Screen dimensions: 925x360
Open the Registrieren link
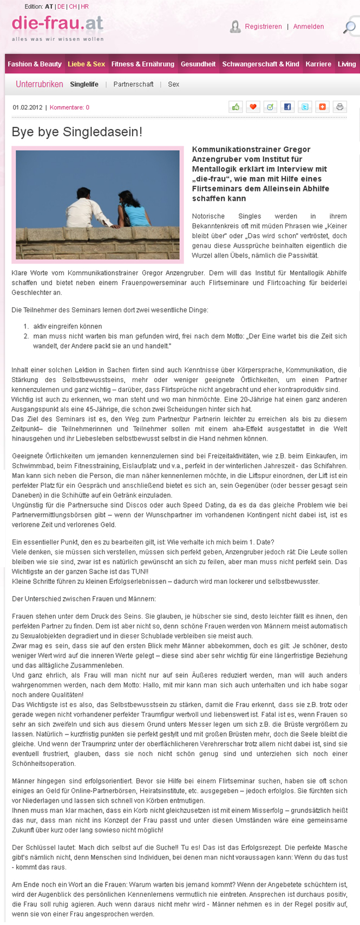263,27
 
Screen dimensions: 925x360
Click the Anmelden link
309,27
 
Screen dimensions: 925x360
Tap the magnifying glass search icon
350,27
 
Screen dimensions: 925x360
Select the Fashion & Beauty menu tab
35,64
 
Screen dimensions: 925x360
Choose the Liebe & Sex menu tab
87,64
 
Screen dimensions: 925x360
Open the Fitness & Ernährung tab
143,64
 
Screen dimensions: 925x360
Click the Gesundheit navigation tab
198,64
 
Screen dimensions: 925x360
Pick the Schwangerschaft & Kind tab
260,64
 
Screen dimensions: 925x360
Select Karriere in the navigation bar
318,64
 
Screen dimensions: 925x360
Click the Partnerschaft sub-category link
133,84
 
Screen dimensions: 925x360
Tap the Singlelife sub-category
84,84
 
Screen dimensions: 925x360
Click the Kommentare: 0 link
69,107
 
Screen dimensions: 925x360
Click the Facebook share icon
287,107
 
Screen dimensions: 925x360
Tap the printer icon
340,107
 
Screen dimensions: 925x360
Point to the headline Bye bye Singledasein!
77,132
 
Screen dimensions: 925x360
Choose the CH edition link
73,6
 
